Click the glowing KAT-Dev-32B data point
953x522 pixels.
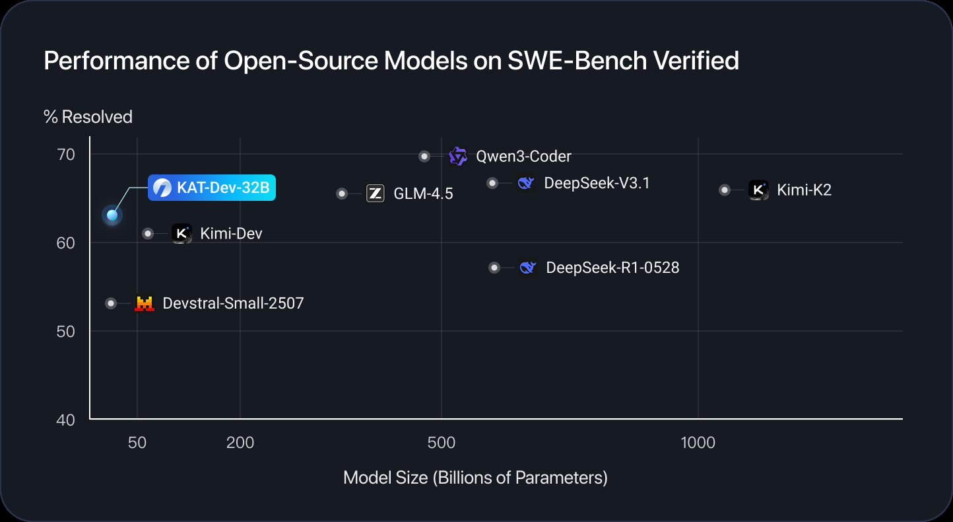(112, 215)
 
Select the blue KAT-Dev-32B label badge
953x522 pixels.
(211, 188)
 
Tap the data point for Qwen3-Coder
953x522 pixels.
(424, 157)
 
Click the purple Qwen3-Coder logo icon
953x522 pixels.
(458, 157)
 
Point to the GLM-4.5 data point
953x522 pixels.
(342, 194)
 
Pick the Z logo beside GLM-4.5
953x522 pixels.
(376, 193)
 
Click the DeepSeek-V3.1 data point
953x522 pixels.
(492, 183)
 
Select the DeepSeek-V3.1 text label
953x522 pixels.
(597, 183)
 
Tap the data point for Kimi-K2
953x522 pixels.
(725, 190)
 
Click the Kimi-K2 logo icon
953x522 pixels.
(758, 190)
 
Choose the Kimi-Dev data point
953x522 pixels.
(148, 233)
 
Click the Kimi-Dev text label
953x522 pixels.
(231, 233)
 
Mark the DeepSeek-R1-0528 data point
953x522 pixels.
(494, 268)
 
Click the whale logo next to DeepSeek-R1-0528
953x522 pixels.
(527, 268)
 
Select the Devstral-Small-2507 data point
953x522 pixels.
(111, 303)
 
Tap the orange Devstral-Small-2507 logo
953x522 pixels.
(144, 303)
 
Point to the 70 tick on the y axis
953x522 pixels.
(67, 155)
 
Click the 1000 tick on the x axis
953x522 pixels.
(698, 443)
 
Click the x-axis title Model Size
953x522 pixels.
(475, 478)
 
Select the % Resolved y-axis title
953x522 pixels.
(88, 117)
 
